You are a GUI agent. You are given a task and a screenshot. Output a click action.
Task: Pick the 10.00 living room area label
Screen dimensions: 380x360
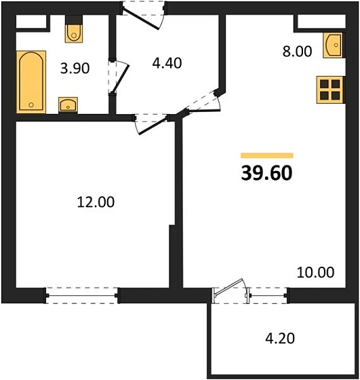coord(315,273)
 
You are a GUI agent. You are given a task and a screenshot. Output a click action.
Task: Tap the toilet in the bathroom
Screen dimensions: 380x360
coord(74,32)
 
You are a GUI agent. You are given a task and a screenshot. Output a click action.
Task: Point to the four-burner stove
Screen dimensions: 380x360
coord(330,90)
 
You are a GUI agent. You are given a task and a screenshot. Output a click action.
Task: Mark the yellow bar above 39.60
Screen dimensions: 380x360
coord(266,155)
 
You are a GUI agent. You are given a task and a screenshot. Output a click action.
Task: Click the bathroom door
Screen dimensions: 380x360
coord(119,79)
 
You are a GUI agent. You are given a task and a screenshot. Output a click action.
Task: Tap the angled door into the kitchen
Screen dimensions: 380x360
coord(201,102)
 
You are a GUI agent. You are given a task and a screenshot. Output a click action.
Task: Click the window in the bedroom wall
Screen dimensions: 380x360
coord(82,294)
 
